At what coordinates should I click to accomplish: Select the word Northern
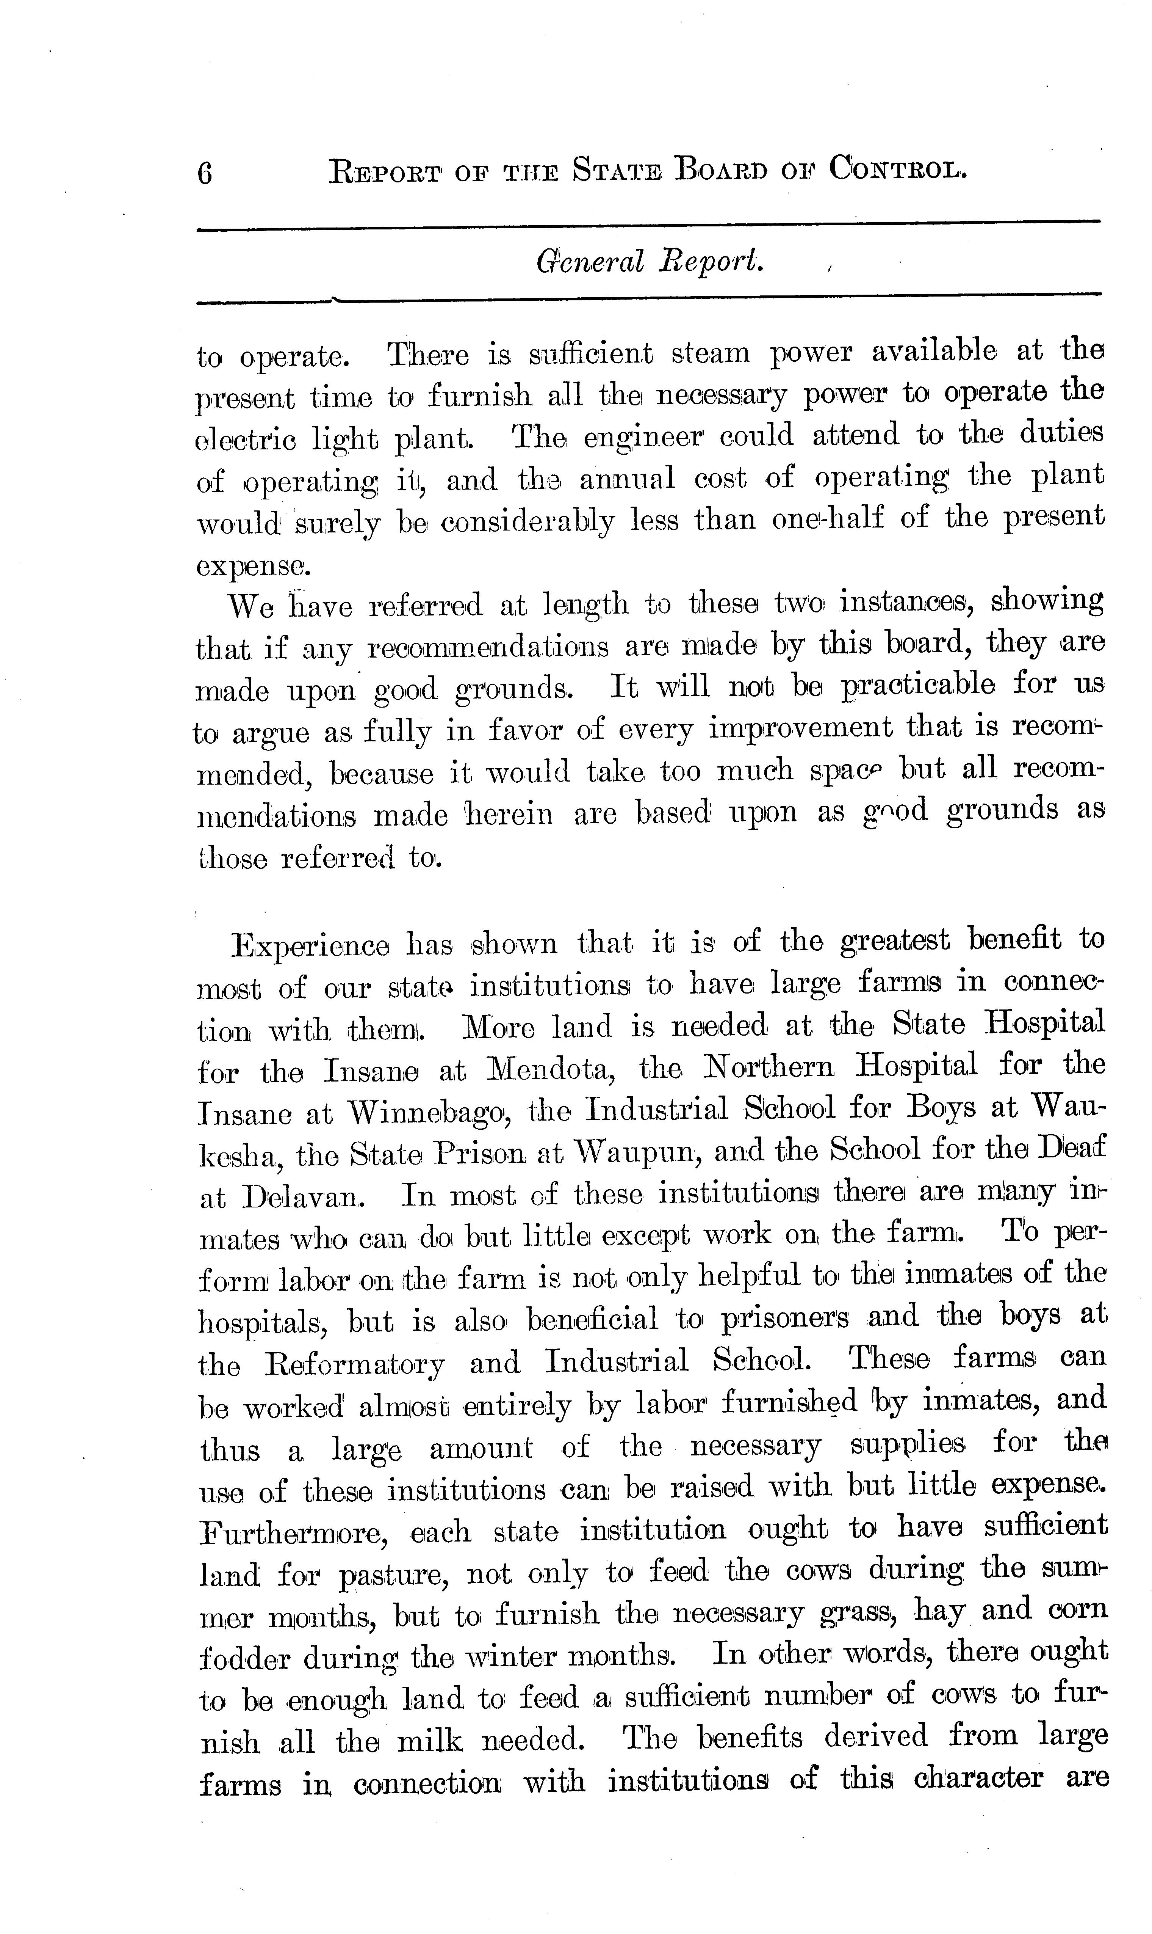click(769, 1068)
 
